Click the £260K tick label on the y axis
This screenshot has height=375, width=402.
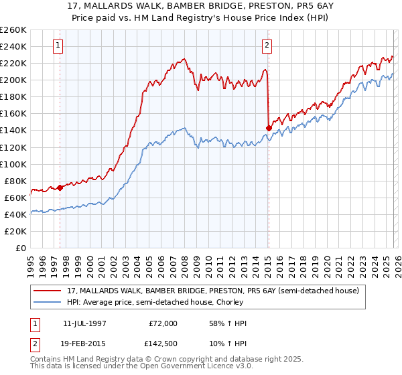[13, 30]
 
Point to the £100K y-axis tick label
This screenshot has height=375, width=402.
[13, 164]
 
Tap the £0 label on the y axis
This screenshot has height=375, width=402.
[21, 248]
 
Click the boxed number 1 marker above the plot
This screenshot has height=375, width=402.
[59, 46]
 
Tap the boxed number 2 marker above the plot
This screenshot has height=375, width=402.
[267, 46]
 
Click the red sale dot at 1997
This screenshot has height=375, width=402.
[60, 187]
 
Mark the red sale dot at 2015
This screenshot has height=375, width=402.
[269, 128]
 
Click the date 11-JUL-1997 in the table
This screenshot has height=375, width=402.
[87, 323]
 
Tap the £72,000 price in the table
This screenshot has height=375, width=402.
[163, 323]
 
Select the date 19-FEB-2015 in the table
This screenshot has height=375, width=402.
[87, 344]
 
